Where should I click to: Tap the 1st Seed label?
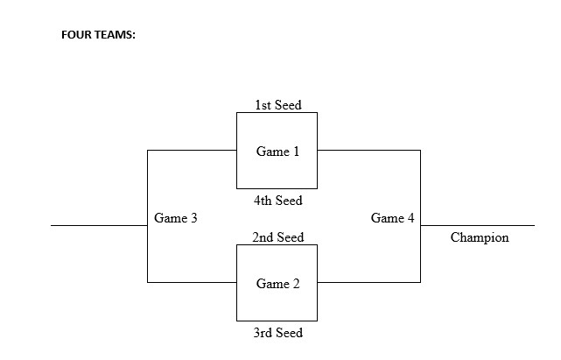(x=277, y=105)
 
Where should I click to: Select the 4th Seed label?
(x=277, y=201)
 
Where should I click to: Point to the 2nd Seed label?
(x=277, y=237)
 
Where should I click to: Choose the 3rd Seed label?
(x=277, y=333)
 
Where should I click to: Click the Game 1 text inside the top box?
(x=277, y=152)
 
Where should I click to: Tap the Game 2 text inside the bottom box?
(x=277, y=284)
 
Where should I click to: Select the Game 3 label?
(x=175, y=218)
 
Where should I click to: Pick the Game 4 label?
(x=392, y=218)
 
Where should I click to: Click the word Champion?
(x=479, y=237)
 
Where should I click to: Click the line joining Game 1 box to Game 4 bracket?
(x=368, y=150)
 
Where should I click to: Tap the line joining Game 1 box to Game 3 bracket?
(x=192, y=150)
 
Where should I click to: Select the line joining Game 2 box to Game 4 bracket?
(x=368, y=282)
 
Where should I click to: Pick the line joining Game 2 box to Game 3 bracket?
(x=192, y=282)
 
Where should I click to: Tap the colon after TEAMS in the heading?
(x=134, y=37)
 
